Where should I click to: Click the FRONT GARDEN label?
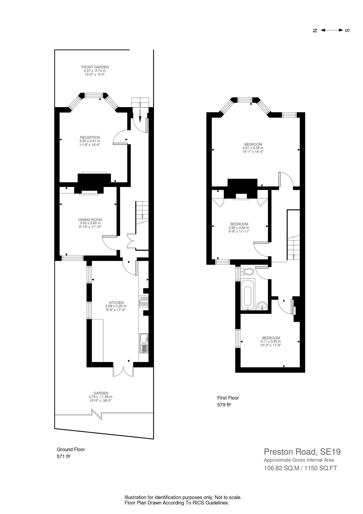pos(95,67)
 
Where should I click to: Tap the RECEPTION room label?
pos(90,137)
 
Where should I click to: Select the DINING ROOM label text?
pos(90,220)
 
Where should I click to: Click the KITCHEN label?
pos(116,302)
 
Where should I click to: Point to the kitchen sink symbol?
pos(144,343)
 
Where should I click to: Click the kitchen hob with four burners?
pos(144,301)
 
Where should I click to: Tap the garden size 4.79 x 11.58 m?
pos(100,397)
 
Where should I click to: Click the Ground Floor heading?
pos(71,449)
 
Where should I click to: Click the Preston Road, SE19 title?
pos(302,452)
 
